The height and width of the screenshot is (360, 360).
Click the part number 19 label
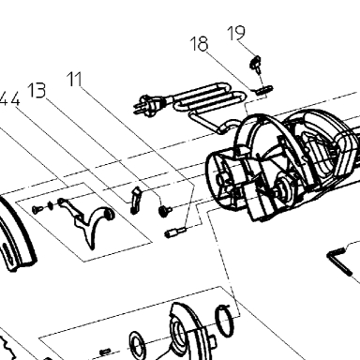click(236, 33)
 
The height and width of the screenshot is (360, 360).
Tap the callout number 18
click(199, 43)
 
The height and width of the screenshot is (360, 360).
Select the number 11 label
click(75, 79)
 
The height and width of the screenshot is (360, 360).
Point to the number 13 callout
click(37, 91)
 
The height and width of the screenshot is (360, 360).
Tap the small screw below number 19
click(256, 63)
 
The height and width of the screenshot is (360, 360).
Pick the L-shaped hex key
click(339, 261)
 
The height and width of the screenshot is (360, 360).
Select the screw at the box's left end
click(37, 209)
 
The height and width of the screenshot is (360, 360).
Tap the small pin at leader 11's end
click(175, 232)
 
